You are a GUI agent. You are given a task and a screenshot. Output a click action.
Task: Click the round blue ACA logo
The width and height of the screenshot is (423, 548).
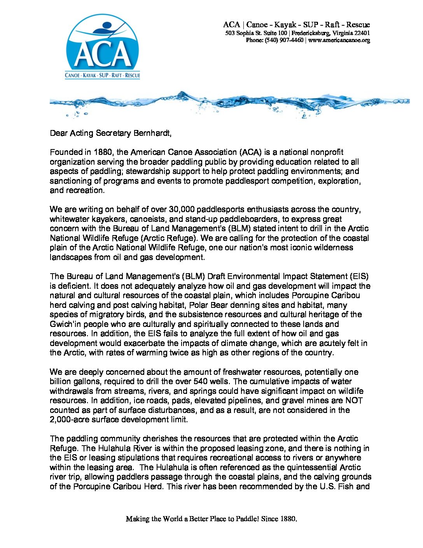(102, 47)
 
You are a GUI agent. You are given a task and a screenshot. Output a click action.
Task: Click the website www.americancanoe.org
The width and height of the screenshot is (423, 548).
(339, 40)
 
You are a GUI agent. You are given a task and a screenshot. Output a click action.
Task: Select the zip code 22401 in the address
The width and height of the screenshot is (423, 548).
(362, 33)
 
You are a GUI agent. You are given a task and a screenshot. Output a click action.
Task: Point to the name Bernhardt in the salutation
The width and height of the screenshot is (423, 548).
(152, 133)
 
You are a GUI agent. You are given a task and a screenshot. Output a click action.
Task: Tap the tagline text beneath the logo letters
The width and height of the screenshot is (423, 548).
(102, 75)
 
